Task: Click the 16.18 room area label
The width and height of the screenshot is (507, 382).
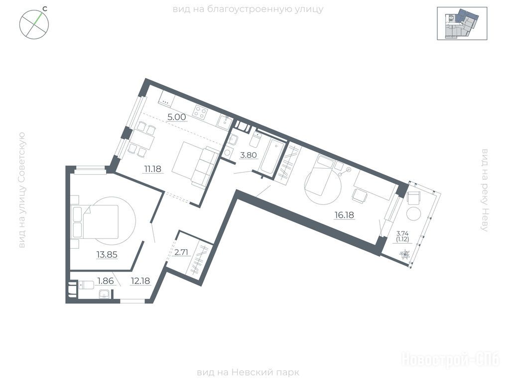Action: pos(344,215)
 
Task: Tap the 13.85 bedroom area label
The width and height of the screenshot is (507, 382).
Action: pos(107,255)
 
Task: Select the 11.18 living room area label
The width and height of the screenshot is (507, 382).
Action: pos(153,169)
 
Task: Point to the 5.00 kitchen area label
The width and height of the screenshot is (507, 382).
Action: pos(176,117)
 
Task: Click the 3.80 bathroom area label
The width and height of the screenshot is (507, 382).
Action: pos(248,155)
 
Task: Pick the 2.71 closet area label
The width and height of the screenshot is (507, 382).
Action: pos(181,252)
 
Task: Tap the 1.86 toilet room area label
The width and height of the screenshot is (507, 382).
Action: pos(106,281)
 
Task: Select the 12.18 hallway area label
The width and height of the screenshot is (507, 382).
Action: pos(140,281)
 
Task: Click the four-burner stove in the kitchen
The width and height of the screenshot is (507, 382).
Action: pos(200,112)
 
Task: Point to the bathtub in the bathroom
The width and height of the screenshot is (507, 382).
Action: pos(271,157)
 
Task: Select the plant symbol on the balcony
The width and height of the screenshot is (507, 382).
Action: pos(405,255)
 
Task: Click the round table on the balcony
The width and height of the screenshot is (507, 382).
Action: pos(414,213)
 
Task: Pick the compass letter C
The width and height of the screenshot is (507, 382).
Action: pos(45,9)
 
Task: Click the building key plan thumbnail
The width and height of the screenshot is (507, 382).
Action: pos(462,23)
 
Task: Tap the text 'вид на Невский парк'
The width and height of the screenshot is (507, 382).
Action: pos(248,373)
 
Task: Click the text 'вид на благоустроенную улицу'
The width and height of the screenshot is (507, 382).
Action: pos(248,9)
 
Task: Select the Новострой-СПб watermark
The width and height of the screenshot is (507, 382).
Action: pos(451,360)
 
